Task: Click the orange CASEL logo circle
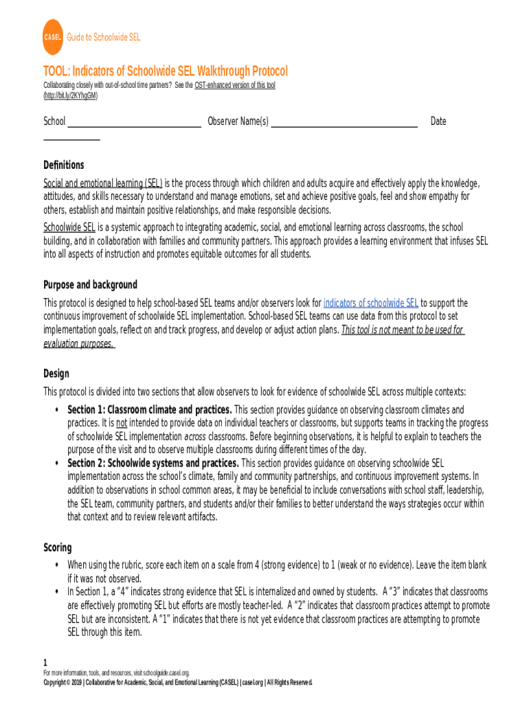(x=53, y=38)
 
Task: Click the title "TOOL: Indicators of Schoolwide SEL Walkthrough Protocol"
(x=166, y=71)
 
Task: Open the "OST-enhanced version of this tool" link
(x=235, y=85)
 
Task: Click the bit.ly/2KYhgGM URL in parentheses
(x=71, y=96)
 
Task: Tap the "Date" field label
(x=438, y=122)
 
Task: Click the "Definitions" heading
(x=64, y=165)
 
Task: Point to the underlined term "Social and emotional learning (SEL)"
(x=103, y=183)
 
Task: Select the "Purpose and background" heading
(x=90, y=285)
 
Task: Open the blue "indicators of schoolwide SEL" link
(x=370, y=303)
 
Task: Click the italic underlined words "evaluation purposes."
(x=79, y=343)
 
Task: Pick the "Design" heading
(x=56, y=374)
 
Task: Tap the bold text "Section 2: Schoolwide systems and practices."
(x=153, y=463)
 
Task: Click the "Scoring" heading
(x=58, y=547)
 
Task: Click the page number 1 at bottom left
(x=45, y=663)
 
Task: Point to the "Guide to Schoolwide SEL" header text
(x=103, y=38)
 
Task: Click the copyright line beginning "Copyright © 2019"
(x=177, y=683)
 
